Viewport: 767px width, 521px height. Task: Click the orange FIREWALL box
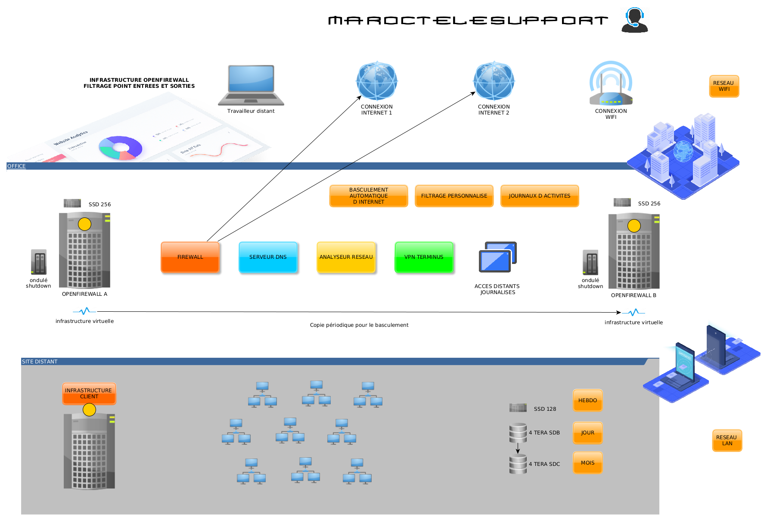point(190,257)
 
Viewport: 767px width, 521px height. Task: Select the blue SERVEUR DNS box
point(268,257)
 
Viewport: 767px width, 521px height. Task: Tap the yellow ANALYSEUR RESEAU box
point(346,257)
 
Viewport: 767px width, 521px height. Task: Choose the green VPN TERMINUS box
point(424,257)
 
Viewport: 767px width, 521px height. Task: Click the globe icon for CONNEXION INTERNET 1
point(376,81)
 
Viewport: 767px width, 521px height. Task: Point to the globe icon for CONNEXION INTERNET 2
point(494,81)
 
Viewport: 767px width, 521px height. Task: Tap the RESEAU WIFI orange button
point(724,86)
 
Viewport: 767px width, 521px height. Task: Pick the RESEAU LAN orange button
point(727,440)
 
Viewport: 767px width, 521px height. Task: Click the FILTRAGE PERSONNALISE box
point(454,196)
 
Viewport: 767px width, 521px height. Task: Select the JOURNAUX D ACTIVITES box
point(539,196)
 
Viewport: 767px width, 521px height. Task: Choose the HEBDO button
point(587,400)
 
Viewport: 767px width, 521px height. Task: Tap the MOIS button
point(587,463)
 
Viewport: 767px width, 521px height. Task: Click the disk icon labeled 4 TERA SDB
point(518,433)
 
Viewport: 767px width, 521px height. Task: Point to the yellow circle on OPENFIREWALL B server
point(634,226)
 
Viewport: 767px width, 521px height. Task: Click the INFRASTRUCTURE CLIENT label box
point(89,394)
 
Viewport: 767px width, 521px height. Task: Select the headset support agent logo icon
point(634,20)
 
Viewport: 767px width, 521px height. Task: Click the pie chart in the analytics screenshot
point(120,148)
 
